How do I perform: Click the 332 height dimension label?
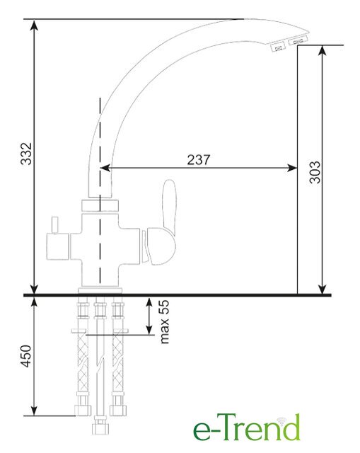click(x=26, y=154)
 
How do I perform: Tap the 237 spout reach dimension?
click(x=199, y=160)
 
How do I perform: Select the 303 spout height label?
click(x=315, y=172)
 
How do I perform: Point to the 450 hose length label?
click(x=26, y=356)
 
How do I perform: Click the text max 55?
click(x=164, y=321)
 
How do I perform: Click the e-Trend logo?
click(x=247, y=428)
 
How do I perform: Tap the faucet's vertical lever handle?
click(x=169, y=206)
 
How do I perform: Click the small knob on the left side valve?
click(x=55, y=225)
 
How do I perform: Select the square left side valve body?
click(x=58, y=246)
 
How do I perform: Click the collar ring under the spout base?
click(x=100, y=206)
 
